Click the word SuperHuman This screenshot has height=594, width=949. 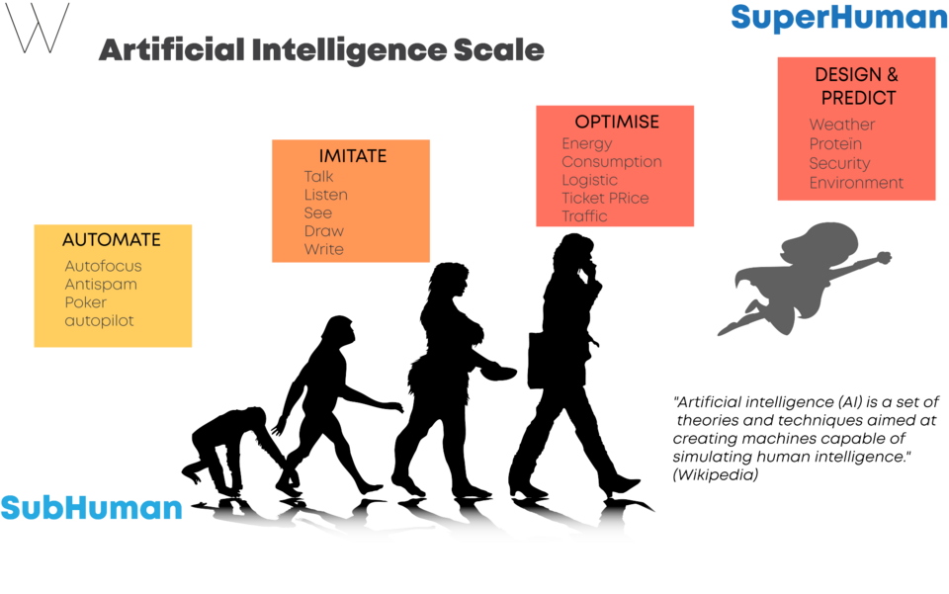coord(839,18)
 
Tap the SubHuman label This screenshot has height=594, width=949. coord(91,507)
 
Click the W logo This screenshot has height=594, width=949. coord(38,28)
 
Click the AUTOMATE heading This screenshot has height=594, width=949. coord(112,240)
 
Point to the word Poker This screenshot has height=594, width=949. coord(85,302)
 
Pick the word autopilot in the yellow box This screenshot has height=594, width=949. coord(99,321)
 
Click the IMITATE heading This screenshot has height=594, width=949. coord(352,156)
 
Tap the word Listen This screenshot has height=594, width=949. coord(325,195)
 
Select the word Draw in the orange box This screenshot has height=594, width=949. coord(324,231)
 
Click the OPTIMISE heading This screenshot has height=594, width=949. coord(617,122)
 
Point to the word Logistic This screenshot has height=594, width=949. coord(589,180)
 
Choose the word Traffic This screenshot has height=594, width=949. coord(584,215)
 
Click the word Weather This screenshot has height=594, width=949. coord(842,125)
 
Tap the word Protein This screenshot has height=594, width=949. coord(835,144)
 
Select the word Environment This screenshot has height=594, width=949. coord(856,183)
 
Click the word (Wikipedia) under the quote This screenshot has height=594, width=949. coord(716,474)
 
